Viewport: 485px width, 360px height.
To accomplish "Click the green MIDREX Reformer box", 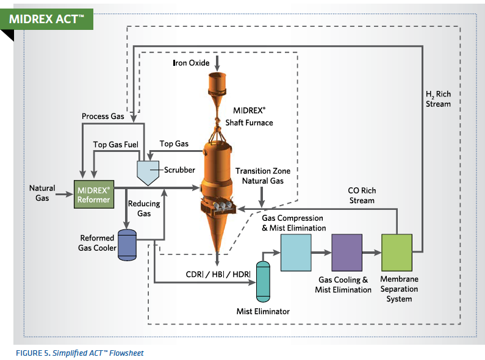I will (x=93, y=195).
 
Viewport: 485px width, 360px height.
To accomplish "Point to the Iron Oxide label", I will (x=192, y=63).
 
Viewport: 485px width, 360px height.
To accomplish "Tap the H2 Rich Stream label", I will (x=438, y=99).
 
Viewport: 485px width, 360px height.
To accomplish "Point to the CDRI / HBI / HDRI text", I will (x=218, y=275).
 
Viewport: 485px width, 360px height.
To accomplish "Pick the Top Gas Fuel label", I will (x=117, y=145).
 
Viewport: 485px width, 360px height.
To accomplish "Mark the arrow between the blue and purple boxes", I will (x=321, y=251).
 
